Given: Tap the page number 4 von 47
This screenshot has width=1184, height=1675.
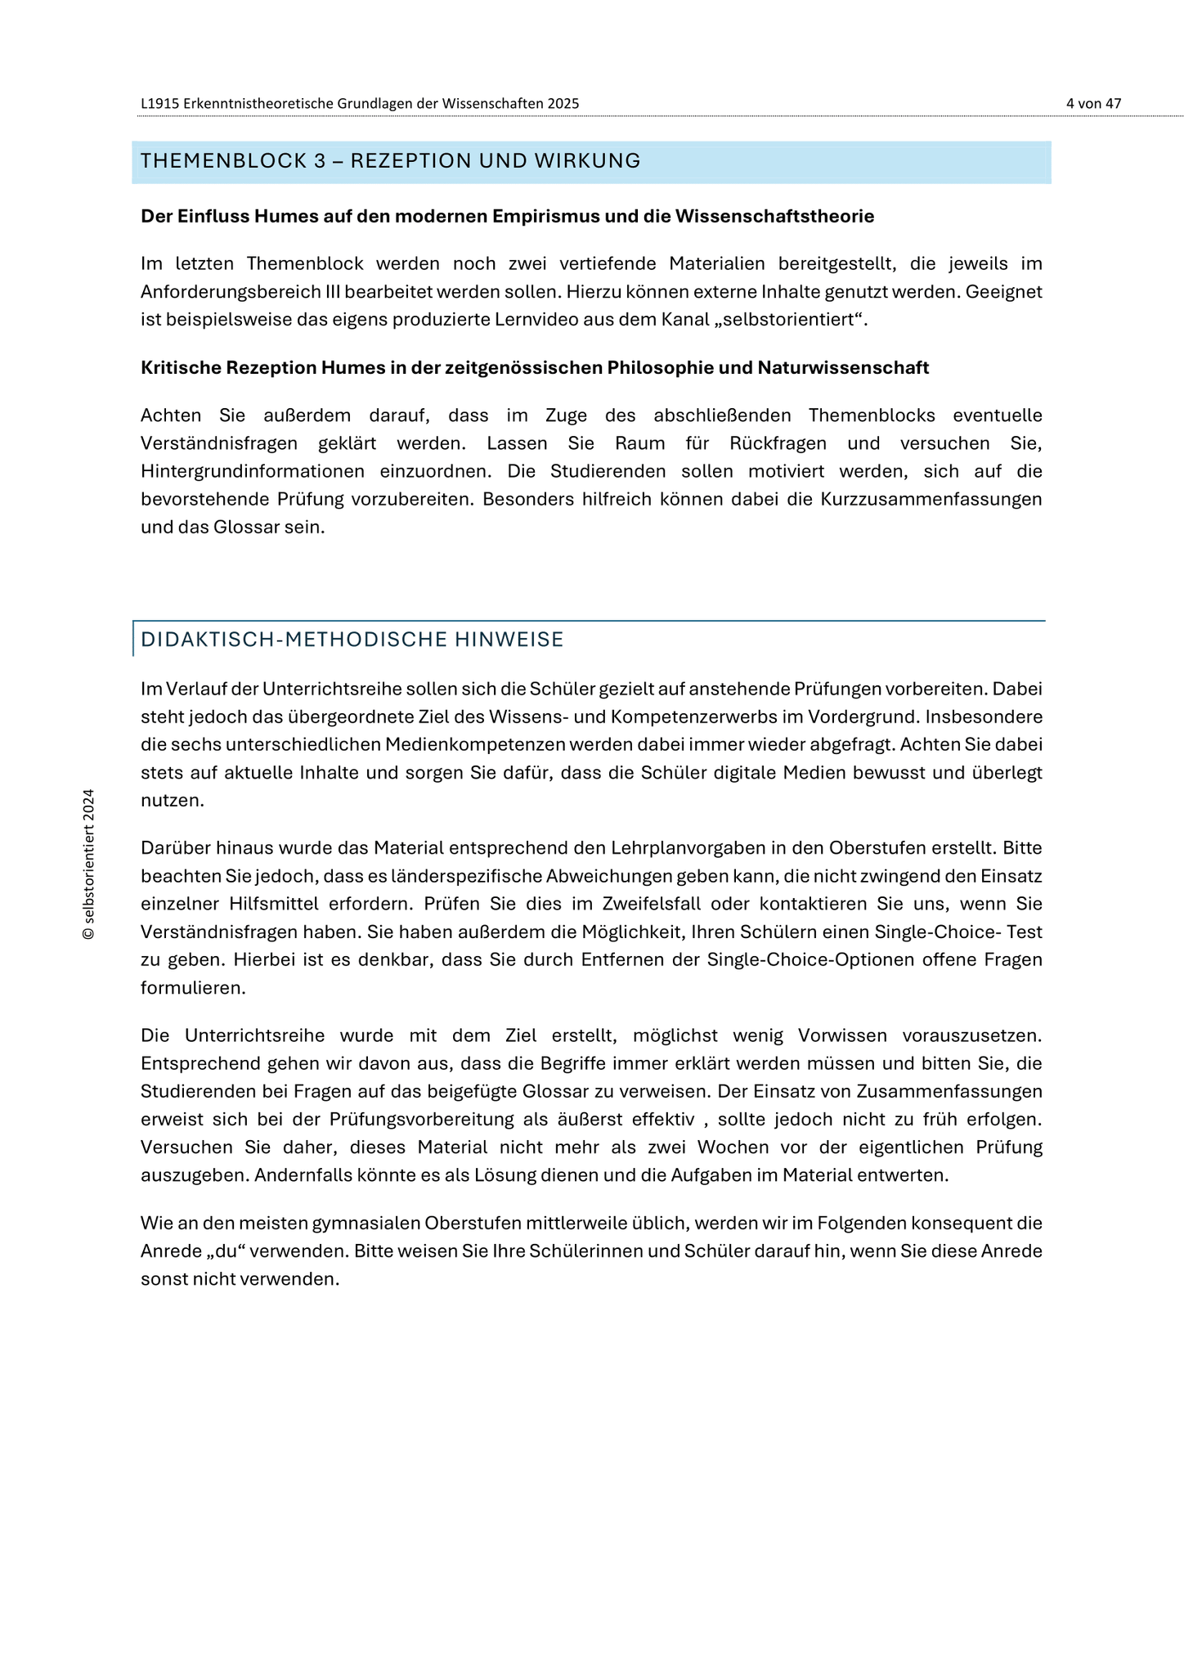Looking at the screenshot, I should pos(1093,104).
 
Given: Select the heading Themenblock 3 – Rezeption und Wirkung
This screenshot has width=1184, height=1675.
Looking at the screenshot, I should pos(390,161).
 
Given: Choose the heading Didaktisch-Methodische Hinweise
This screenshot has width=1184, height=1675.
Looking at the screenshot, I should pos(352,640).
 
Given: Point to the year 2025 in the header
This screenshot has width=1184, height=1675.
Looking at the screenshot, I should pos(563,104).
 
